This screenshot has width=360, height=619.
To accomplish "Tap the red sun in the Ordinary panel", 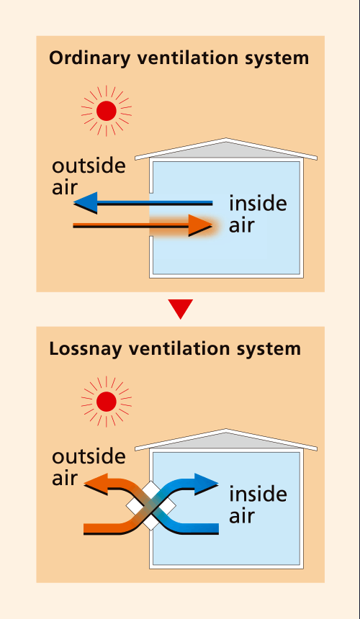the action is point(106,111).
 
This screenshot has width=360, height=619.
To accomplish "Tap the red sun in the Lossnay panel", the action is point(106,402).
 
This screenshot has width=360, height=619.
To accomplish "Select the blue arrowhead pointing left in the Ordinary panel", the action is point(85,203).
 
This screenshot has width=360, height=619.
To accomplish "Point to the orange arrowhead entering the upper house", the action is point(200,225).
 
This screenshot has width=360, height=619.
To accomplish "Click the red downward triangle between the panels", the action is point(181,309).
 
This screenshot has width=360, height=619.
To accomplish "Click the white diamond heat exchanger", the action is point(150,506).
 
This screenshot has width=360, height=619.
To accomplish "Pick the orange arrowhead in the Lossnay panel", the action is point(96,484).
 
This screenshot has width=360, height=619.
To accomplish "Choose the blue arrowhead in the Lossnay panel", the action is point(207,484).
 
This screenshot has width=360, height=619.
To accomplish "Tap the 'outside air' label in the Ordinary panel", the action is point(89,176).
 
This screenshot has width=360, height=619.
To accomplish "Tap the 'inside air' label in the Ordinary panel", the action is point(258,214).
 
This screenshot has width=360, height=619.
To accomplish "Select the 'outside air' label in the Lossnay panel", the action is point(89,467).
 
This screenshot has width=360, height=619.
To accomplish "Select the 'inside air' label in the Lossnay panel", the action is point(258,505).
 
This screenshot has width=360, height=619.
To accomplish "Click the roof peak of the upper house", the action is point(226,139).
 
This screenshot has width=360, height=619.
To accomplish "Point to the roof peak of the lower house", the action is point(226,430).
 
